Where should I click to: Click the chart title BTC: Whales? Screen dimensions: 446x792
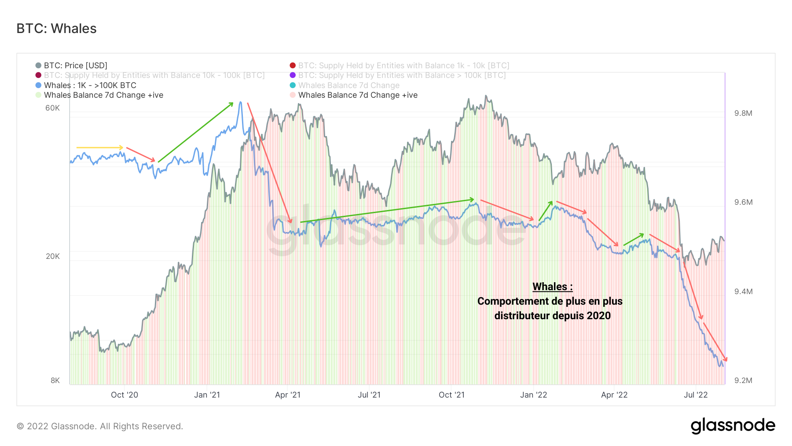56,29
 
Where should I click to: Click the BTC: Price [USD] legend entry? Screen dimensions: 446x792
75,66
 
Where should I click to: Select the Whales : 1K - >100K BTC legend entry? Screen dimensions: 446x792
90,85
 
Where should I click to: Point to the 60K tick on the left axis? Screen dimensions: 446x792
52,108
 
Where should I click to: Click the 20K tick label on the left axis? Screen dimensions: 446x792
52,256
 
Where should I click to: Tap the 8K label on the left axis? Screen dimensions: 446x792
55,380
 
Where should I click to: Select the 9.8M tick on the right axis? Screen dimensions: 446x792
743,113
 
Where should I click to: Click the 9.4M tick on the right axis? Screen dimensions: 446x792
743,291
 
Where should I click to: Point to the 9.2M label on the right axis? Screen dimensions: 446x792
743,380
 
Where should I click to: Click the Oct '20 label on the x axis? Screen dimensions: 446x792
125,395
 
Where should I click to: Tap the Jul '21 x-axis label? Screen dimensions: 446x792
369,395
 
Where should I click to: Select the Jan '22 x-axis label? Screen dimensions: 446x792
533,395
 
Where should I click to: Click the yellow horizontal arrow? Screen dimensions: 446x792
99,147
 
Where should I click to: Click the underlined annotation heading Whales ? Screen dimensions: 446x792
552,287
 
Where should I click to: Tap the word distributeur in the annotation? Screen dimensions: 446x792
522,316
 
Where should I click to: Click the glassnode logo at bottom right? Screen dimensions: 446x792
733,426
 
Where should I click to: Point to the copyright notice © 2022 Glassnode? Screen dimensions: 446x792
100,426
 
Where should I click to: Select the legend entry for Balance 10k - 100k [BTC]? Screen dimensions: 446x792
154,75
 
